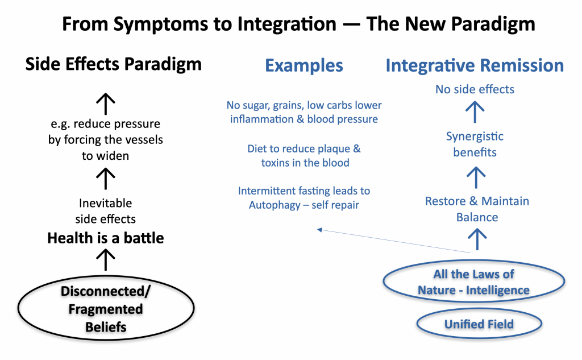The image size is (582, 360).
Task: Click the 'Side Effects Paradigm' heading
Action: point(113,64)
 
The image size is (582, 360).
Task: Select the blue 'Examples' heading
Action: point(304,65)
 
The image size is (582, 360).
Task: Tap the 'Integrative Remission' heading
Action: point(475,65)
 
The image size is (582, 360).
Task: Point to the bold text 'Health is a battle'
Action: point(105,238)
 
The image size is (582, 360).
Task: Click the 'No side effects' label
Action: point(475,89)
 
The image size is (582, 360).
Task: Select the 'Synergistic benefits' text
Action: point(475,144)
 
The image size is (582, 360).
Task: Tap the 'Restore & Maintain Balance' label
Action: point(477,209)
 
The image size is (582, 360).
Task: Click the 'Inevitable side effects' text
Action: point(105,211)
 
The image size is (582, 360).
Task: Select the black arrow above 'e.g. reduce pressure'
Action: point(106,104)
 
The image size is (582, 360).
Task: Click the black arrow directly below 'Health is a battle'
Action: point(106,259)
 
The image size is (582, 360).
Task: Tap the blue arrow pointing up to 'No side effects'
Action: point(475,112)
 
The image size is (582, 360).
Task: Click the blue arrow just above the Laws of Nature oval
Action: point(477,239)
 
